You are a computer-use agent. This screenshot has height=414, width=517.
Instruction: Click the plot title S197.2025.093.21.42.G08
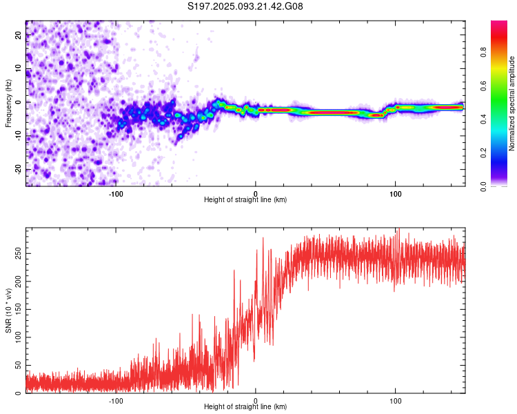[x=245, y=6]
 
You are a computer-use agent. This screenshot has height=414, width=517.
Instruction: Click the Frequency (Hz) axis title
[x=8, y=103]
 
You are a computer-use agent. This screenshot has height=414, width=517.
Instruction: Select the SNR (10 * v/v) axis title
[x=8, y=310]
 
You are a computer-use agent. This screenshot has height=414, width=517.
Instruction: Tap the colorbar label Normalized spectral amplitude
[x=511, y=103]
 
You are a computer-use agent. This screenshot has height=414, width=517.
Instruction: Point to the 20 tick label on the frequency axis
[x=18, y=35]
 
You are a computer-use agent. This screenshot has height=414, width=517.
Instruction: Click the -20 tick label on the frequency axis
[x=18, y=169]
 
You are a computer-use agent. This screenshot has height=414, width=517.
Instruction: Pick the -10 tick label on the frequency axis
[x=18, y=136]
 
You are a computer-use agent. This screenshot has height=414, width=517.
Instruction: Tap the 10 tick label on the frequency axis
[x=18, y=69]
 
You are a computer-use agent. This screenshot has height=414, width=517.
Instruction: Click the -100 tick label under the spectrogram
[x=116, y=194]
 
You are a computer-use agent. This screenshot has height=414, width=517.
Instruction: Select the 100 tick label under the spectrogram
[x=396, y=194]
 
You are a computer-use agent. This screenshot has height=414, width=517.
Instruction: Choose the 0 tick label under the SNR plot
[x=256, y=401]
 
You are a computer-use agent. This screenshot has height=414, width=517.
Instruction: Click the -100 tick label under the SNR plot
[x=116, y=401]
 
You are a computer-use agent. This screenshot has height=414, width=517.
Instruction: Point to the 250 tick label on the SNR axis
[x=18, y=253]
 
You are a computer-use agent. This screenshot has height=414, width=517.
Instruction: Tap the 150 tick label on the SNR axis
[x=18, y=309]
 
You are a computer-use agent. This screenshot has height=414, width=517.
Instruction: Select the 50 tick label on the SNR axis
[x=18, y=365]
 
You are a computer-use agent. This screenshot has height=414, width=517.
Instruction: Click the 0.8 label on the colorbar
[x=483, y=52]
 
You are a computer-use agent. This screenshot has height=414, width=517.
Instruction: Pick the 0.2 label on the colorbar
[x=483, y=153]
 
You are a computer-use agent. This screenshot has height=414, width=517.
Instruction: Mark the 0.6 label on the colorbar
[x=483, y=86]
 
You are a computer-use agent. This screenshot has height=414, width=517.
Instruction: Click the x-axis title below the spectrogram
[x=245, y=199]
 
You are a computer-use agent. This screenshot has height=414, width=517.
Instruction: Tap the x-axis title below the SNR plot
[x=245, y=406]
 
